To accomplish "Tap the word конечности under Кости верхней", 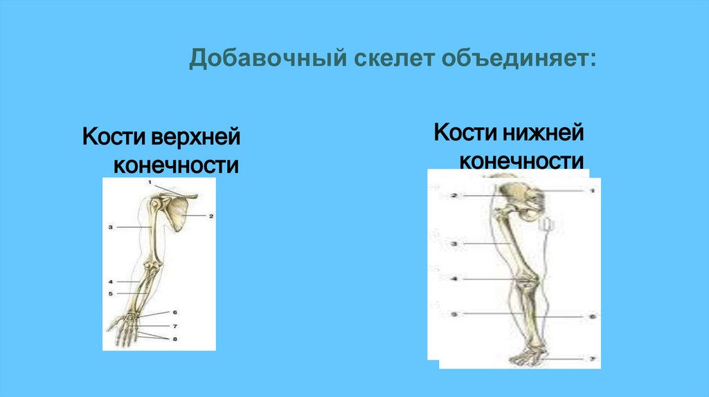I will (x=177, y=166).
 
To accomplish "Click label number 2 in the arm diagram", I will (x=210, y=216).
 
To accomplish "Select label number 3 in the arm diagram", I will (x=110, y=226).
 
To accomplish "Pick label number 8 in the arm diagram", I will (x=174, y=339).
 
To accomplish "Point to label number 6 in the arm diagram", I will (x=174, y=313).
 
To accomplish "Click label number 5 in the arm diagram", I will (x=110, y=293).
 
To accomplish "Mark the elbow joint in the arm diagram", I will (x=150, y=266).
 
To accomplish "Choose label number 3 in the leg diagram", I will (x=454, y=244).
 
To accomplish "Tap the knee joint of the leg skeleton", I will (x=528, y=284).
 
